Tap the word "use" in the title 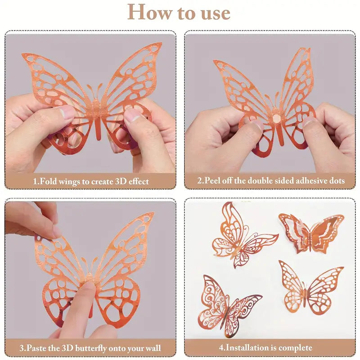[212, 12]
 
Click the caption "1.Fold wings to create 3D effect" [91, 181]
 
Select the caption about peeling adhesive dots [271, 181]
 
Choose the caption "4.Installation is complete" [265, 347]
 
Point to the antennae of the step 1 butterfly [94, 90]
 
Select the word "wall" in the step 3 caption [150, 348]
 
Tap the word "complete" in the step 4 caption [295, 347]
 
